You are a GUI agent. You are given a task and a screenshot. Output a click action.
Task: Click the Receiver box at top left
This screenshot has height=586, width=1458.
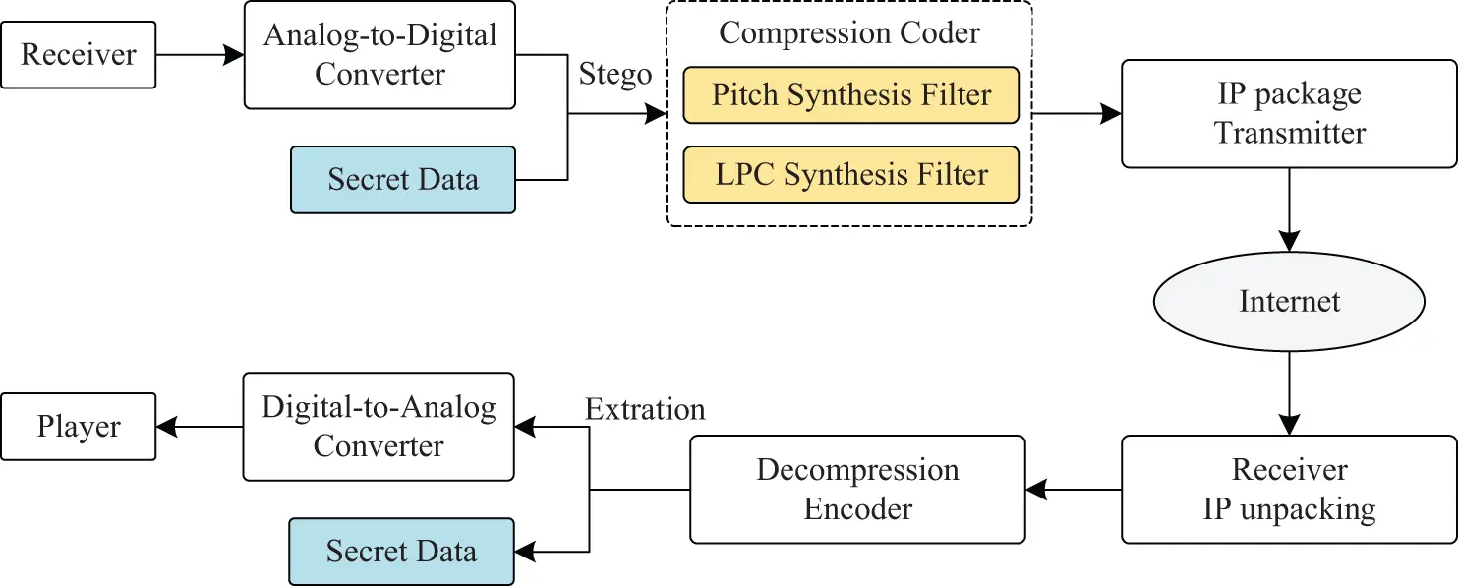click(x=79, y=55)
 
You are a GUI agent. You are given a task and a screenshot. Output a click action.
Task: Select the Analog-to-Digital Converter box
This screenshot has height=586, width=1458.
click(x=379, y=56)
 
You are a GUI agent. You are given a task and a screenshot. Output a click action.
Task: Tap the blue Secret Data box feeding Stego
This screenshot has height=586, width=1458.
click(x=403, y=180)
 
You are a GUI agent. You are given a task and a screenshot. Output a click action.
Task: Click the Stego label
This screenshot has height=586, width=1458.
click(x=615, y=75)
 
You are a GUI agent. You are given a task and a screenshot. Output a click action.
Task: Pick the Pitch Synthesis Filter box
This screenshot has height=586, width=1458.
click(x=850, y=95)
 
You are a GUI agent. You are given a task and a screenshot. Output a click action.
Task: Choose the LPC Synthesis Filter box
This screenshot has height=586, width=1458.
click(x=850, y=175)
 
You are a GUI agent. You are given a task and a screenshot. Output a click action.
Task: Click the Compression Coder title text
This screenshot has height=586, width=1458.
click(x=849, y=32)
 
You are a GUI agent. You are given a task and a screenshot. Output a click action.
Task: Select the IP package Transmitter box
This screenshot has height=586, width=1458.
click(x=1289, y=113)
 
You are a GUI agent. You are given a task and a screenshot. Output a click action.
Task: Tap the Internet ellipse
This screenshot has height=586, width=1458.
click(x=1289, y=300)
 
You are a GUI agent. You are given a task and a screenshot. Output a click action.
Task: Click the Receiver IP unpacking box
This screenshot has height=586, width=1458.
click(x=1289, y=490)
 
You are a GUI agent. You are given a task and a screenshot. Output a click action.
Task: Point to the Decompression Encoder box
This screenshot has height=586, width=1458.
click(x=857, y=490)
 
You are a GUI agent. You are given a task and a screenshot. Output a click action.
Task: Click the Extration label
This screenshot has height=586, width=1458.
click(x=645, y=409)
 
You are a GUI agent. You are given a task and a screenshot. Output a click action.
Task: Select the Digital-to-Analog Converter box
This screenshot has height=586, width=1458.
click(x=379, y=427)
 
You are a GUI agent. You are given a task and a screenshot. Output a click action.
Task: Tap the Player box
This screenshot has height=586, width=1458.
click(x=79, y=427)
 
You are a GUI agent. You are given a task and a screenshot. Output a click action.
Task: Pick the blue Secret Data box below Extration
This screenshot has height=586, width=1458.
click(x=401, y=552)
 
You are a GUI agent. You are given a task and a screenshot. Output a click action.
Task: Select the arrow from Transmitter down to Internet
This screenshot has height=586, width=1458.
click(x=1289, y=210)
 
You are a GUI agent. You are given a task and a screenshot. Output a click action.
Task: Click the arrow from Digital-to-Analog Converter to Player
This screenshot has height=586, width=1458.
click(x=200, y=427)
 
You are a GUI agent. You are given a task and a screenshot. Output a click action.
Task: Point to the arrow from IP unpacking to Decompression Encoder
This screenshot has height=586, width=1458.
click(x=1073, y=490)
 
